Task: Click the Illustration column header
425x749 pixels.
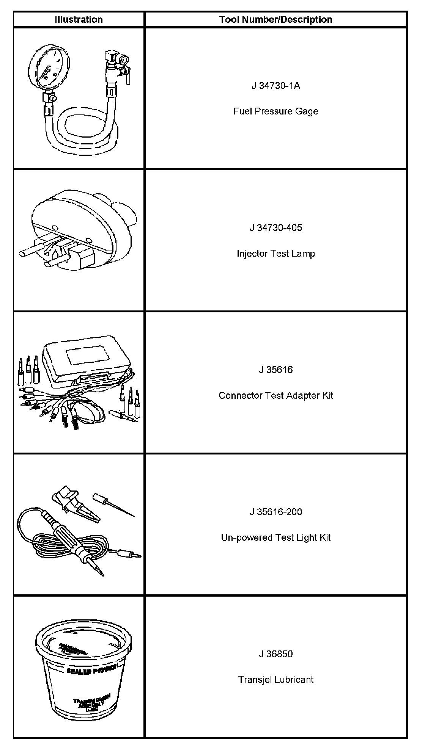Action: click(x=79, y=20)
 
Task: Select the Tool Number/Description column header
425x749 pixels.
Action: click(x=275, y=20)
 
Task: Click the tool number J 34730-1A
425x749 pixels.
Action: click(x=275, y=86)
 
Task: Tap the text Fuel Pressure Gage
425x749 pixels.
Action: click(x=275, y=111)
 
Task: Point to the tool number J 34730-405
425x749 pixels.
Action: click(x=275, y=228)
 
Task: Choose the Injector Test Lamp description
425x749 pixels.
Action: click(x=275, y=253)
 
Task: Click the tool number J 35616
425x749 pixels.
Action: click(x=275, y=370)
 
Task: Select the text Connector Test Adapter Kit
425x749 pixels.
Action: click(x=275, y=395)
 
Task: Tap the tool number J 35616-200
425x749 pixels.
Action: click(x=275, y=512)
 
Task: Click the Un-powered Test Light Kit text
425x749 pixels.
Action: click(x=275, y=537)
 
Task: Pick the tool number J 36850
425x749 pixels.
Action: click(x=275, y=654)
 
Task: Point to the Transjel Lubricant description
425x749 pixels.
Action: click(x=275, y=679)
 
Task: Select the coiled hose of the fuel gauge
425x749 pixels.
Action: click(x=83, y=129)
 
